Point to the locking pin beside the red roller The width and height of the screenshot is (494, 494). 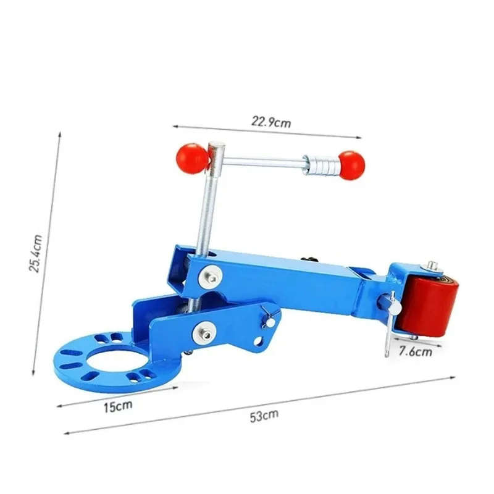pos(387,321)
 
